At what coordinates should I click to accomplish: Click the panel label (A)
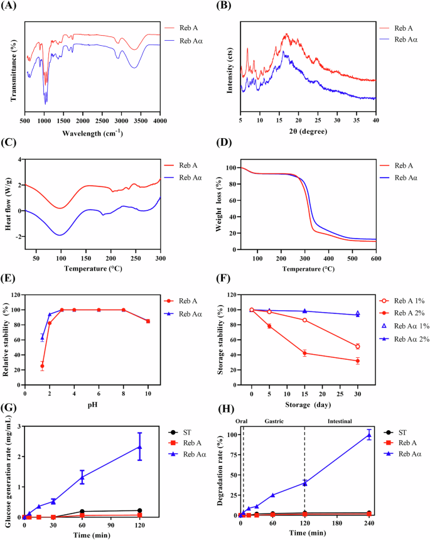coord(11,7)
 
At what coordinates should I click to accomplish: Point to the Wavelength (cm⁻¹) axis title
coord(92,132)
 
